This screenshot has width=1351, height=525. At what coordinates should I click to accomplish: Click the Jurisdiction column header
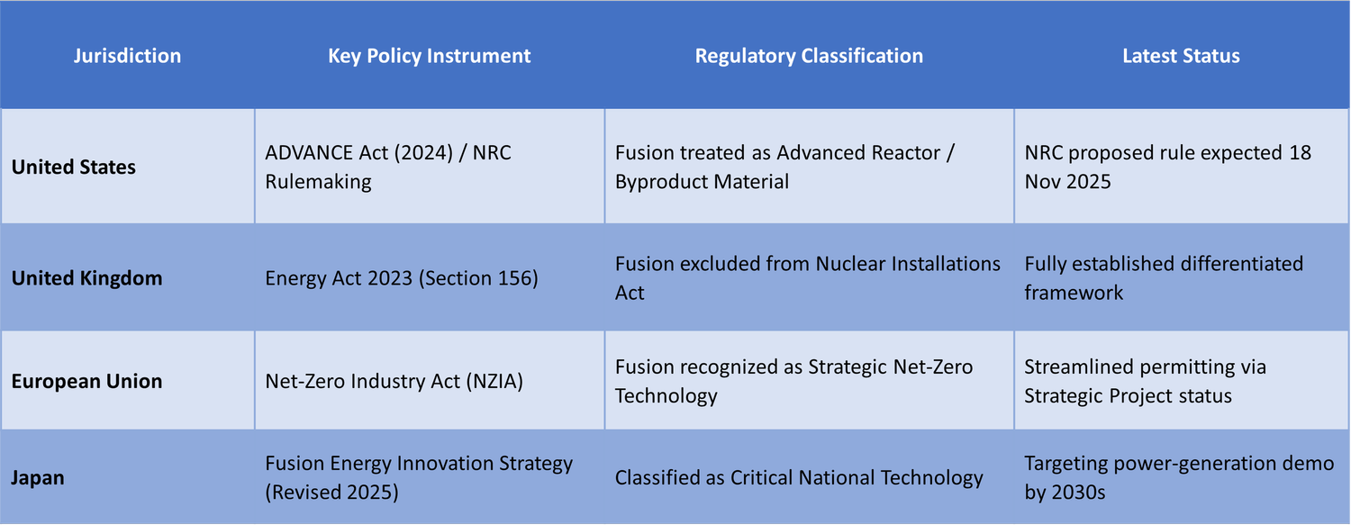(127, 56)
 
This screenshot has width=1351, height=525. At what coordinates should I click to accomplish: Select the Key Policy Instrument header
(429, 56)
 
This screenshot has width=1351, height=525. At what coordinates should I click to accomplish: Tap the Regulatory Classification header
(809, 56)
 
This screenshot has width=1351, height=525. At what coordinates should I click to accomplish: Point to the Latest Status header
(1181, 56)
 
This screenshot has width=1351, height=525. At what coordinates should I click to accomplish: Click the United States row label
(74, 167)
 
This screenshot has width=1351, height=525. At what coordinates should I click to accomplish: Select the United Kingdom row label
(86, 278)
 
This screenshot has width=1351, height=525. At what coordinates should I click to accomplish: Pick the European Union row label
(86, 381)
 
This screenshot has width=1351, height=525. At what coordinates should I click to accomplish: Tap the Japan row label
(37, 477)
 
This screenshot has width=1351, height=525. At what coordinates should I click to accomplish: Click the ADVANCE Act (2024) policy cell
(388, 167)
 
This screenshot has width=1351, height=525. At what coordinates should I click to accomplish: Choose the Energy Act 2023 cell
(402, 278)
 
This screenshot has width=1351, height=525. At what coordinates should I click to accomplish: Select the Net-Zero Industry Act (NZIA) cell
(394, 381)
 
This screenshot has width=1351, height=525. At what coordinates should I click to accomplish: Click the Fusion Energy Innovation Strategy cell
(419, 477)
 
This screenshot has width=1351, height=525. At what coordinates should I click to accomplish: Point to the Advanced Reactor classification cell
(784, 167)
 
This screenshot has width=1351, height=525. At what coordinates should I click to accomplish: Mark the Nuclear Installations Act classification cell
(808, 278)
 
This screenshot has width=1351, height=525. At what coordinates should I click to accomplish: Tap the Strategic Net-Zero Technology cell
(793, 381)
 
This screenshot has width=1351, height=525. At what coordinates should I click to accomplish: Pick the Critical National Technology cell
(799, 477)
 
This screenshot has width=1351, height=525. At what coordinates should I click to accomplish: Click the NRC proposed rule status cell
(1167, 167)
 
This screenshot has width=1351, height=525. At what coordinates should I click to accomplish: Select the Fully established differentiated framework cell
(1164, 278)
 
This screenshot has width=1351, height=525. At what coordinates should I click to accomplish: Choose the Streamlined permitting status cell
(1145, 381)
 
